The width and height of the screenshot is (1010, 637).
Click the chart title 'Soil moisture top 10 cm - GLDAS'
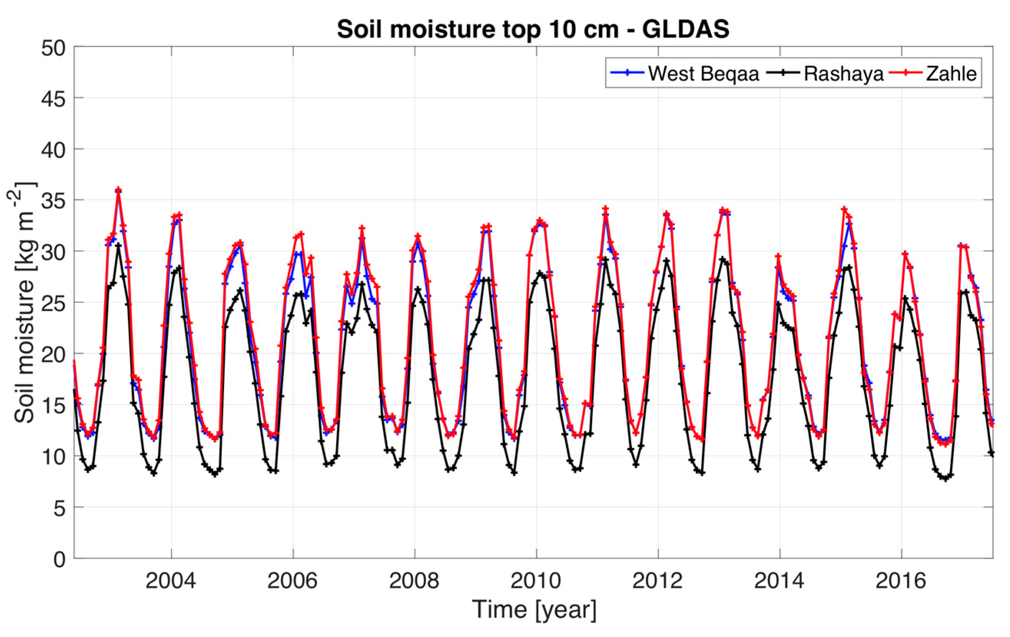tap(533, 29)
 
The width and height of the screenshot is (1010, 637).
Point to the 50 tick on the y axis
tap(53, 48)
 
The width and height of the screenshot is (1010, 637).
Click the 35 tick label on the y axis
tap(53, 201)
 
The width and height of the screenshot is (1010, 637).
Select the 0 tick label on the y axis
tap(59, 559)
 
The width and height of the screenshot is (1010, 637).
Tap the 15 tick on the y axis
tap(53, 406)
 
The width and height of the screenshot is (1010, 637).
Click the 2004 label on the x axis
tap(171, 581)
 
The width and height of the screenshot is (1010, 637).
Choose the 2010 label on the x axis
tap(536, 581)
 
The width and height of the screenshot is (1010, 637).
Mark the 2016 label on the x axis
tap(901, 581)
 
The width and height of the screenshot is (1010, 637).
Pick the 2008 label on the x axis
tap(414, 581)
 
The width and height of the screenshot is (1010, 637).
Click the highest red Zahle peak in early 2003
tap(118, 190)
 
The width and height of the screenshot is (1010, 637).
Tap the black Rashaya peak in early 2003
tap(118, 245)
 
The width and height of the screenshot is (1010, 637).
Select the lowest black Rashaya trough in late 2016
tap(945, 479)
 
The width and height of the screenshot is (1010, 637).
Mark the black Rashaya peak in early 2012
tap(666, 260)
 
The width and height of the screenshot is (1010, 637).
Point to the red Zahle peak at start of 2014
tap(778, 256)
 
